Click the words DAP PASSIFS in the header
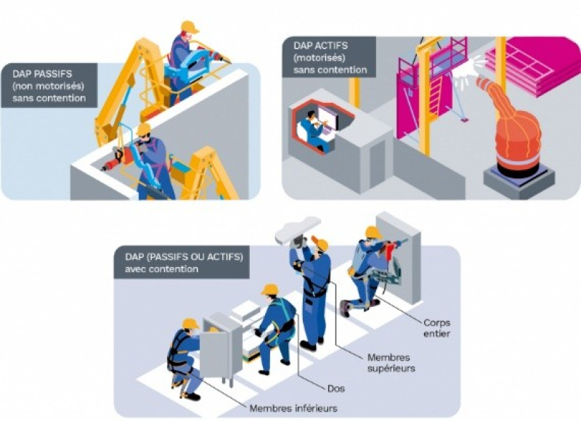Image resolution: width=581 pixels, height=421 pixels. click(42, 73)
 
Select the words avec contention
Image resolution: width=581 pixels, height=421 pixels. click(161, 269)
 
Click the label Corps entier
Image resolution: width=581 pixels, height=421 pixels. click(437, 328)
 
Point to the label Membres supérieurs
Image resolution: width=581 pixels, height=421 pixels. click(391, 363)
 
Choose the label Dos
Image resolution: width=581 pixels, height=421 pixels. click(336, 388)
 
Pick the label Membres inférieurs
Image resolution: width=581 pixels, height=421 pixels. click(293, 408)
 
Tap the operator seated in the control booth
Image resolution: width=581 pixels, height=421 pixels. click(313, 131)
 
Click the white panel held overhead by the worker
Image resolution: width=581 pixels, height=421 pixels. click(298, 229)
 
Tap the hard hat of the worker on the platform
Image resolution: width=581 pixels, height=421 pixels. click(190, 26)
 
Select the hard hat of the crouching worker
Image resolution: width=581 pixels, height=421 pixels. click(190, 324)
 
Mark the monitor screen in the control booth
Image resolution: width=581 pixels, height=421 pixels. click(328, 118)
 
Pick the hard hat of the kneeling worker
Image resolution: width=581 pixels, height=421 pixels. click(373, 232)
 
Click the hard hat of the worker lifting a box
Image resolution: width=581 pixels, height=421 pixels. click(269, 289)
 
